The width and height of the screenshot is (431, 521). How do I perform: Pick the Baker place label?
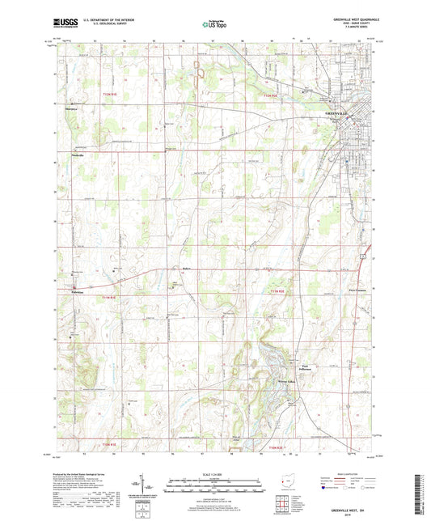pyautogui.click(x=186, y=269)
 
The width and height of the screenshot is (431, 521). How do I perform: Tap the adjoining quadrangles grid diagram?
pyautogui.click(x=285, y=502)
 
